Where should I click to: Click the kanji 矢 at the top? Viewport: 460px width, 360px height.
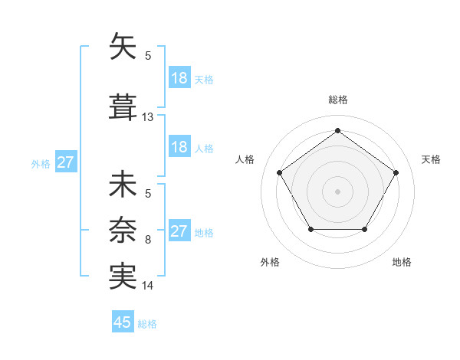click(x=123, y=47)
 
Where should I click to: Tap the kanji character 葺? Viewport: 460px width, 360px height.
click(x=123, y=106)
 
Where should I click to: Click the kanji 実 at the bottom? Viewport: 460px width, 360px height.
click(x=123, y=277)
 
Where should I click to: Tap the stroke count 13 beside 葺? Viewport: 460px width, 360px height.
click(x=148, y=117)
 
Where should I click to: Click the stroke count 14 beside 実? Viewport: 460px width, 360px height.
click(x=148, y=286)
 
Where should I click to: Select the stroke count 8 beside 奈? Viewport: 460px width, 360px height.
click(x=148, y=240)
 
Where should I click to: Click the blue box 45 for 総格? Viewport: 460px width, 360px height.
click(x=123, y=322)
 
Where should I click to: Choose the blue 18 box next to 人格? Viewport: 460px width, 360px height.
click(x=179, y=147)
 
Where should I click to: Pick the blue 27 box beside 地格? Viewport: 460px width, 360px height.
click(x=179, y=231)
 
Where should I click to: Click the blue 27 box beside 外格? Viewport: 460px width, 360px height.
click(x=65, y=162)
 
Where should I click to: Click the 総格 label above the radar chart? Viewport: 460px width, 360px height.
click(x=338, y=100)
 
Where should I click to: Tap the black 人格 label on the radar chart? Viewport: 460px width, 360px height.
click(x=245, y=159)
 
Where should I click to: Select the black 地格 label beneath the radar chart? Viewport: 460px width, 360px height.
click(x=402, y=263)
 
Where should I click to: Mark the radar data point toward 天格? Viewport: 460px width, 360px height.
click(x=396, y=172)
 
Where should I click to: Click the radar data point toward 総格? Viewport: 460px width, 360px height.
click(x=337, y=131)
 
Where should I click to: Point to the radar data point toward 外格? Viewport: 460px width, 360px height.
click(x=310, y=229)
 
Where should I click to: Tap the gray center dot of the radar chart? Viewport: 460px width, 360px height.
click(x=337, y=191)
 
